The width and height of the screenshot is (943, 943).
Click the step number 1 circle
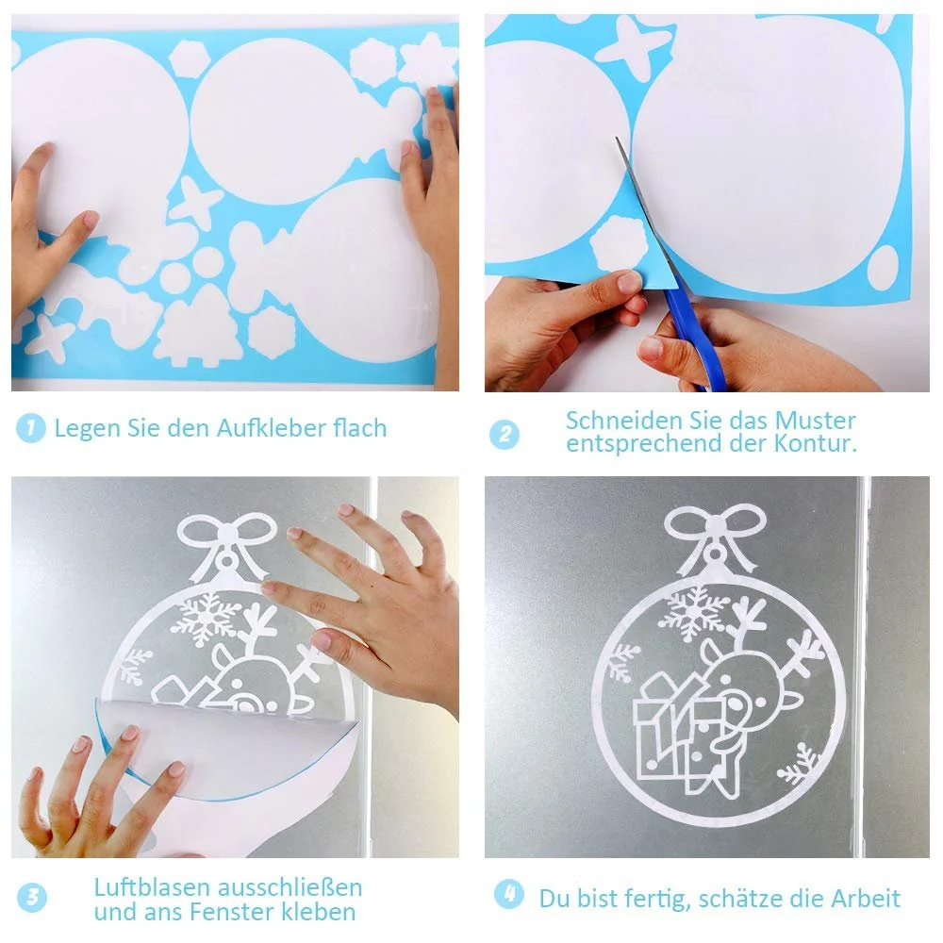click(31, 428)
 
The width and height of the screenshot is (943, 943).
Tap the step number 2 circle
click(504, 434)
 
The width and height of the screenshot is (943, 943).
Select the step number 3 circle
click(32, 898)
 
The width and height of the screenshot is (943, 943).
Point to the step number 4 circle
click(509, 894)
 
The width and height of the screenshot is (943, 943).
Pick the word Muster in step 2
click(815, 421)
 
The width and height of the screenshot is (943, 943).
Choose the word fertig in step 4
click(658, 899)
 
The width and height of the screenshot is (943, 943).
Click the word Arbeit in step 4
click(866, 899)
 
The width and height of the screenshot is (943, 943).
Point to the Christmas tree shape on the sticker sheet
click(197, 326)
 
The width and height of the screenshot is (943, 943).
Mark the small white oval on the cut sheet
click(883, 268)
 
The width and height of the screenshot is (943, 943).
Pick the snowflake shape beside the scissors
click(620, 243)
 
